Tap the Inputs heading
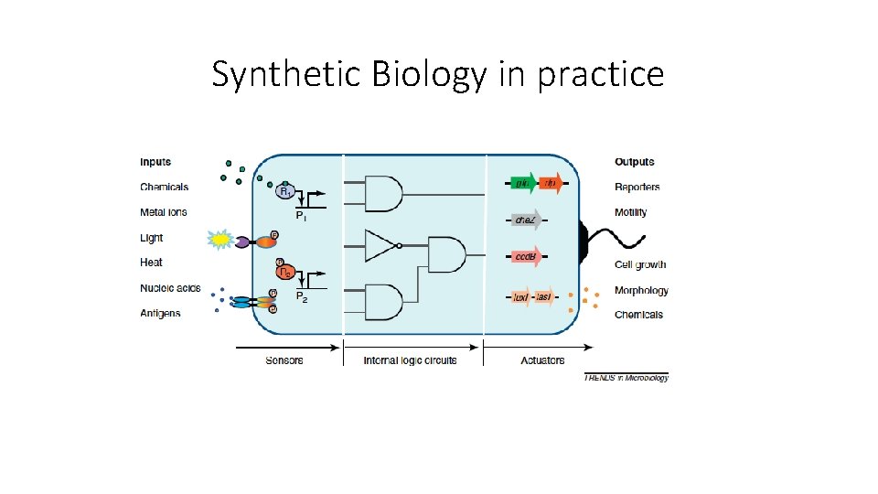point(155,162)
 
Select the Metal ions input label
point(164,212)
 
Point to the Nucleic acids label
point(170,288)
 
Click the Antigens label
point(160,313)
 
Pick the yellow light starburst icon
point(220,240)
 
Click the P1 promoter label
point(300,216)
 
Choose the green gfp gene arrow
point(522,184)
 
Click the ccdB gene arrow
point(526,257)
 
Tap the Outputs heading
point(635,162)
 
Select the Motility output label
point(631,212)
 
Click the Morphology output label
point(641,290)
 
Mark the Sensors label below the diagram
point(284,360)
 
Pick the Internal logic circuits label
point(410,360)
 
